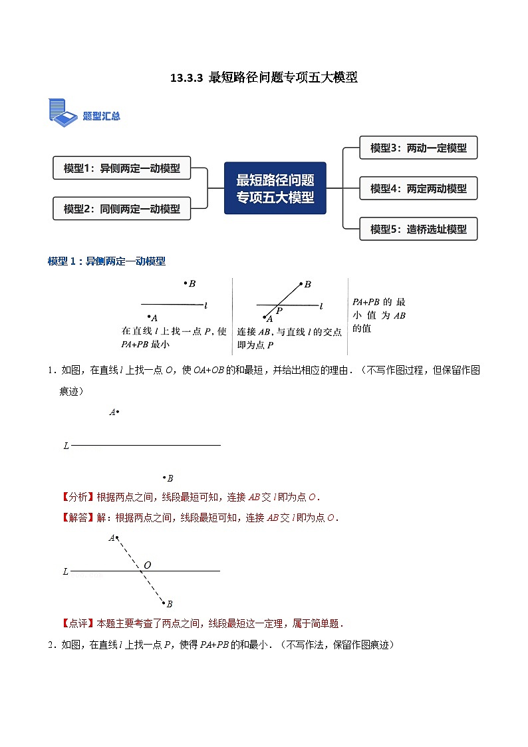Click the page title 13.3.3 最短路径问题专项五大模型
(x=264, y=78)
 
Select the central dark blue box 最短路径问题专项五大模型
(x=275, y=188)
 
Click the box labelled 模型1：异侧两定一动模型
(x=122, y=168)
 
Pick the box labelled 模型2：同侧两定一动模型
(x=122, y=208)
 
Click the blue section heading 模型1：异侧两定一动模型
(x=106, y=261)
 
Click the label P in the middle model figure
(x=279, y=311)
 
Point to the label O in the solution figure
(x=147, y=565)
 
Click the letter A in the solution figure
(x=111, y=537)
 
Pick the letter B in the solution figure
(x=170, y=604)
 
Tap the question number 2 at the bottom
(x=51, y=644)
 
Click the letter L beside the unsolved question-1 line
(x=66, y=446)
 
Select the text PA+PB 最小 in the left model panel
(x=145, y=344)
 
